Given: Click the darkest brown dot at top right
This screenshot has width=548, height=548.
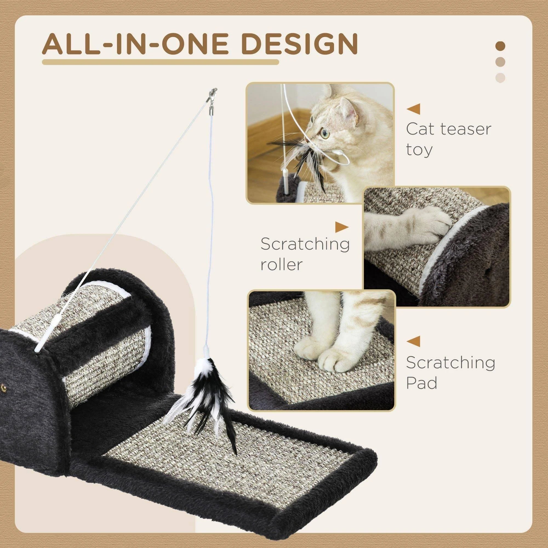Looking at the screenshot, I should [501, 46].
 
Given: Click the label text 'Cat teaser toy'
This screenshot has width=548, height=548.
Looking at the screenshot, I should [448, 139].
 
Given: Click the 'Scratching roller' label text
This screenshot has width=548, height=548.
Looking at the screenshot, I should [305, 254].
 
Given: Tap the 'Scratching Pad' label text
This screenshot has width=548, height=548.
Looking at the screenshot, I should [450, 373].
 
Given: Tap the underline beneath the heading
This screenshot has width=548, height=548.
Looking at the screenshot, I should [160, 62].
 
